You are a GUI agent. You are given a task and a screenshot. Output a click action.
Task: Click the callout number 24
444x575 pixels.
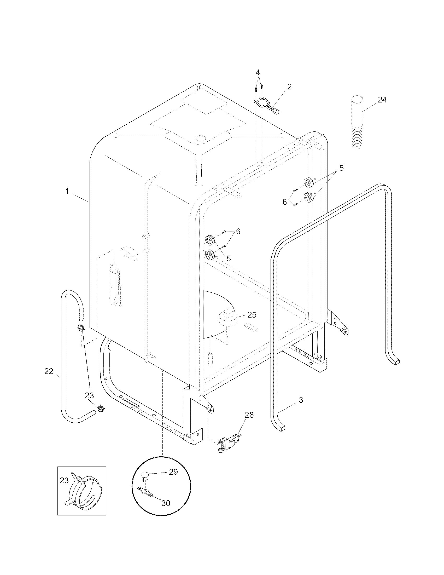(382, 100)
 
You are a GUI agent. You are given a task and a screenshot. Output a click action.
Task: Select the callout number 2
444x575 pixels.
(289, 87)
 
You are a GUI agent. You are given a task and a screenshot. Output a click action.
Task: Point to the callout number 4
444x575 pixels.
(258, 72)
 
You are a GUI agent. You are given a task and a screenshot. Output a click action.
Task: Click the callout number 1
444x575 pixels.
(67, 191)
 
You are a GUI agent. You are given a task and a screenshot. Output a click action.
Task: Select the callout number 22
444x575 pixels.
(49, 371)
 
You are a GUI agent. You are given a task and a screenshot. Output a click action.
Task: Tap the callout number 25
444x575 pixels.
(252, 315)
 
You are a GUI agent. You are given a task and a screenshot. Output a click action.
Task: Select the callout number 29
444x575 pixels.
(173, 472)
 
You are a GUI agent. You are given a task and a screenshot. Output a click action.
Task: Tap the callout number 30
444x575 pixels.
(166, 503)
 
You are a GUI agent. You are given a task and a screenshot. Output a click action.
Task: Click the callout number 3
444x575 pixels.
(301, 400)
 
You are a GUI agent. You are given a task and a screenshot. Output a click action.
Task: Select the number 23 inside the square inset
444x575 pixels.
(64, 480)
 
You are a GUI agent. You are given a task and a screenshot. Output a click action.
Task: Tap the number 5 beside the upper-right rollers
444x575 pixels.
(341, 168)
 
